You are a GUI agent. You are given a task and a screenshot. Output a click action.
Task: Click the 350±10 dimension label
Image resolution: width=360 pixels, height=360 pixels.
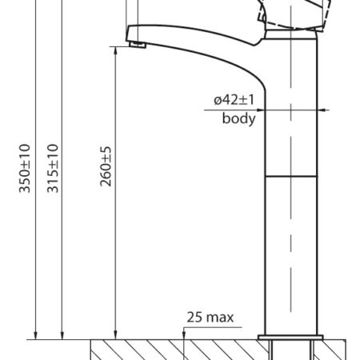pos(25,168)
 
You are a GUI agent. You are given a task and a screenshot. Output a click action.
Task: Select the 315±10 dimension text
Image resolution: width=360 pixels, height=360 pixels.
pos(53,168)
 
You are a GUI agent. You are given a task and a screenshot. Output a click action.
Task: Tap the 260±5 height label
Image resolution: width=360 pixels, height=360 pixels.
pos(106,166)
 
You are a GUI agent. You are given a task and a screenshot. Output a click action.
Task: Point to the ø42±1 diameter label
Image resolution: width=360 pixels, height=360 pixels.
pos(234,100)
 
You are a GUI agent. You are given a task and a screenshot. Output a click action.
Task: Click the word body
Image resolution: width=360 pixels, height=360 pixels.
pos(239,118)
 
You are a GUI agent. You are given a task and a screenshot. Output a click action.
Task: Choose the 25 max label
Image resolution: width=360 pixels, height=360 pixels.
pos(210,318)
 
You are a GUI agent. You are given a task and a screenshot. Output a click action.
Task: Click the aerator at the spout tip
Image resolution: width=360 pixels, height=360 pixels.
pos(138,45)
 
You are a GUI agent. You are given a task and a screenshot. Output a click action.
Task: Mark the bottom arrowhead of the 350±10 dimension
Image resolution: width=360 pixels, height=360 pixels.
pos(35,335)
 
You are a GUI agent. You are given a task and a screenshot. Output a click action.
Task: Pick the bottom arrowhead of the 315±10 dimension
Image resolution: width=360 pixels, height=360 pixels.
pos(62,335)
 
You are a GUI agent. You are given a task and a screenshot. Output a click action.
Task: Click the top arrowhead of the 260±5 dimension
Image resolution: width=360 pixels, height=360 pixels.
pos(115,51)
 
